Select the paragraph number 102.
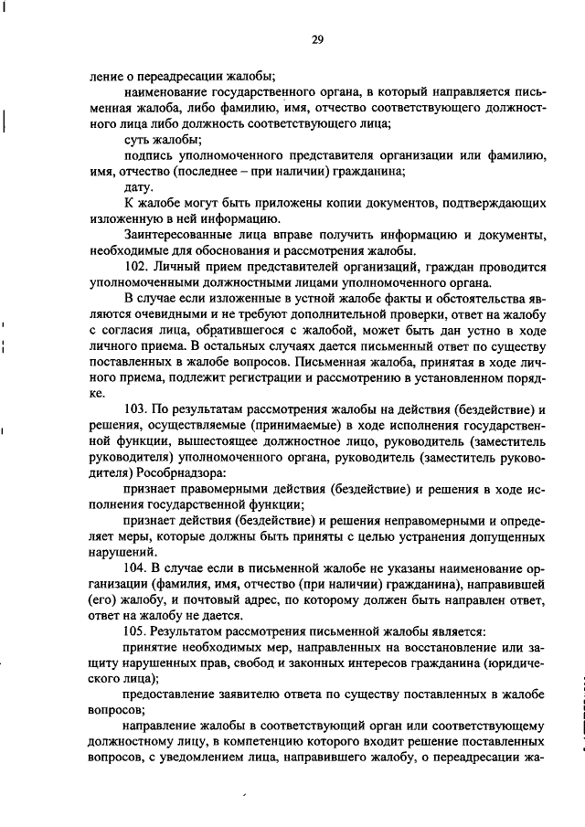click(135, 266)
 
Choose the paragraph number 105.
click(135, 631)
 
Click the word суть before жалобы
click(137, 139)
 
